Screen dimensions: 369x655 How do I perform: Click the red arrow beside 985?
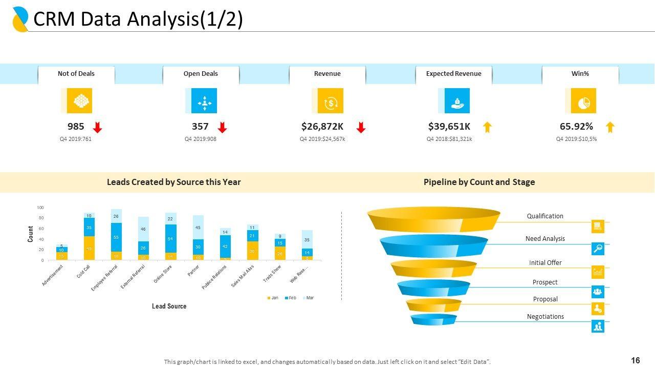coord(98,128)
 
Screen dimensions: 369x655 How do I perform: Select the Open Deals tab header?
coord(201,74)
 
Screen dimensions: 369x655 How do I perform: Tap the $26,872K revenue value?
coord(322,127)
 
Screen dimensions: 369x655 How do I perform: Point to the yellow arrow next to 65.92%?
coord(610,127)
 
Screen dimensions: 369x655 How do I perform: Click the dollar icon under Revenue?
coord(330,101)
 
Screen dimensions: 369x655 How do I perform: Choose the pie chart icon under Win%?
coord(583,101)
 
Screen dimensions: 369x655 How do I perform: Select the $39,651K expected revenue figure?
coord(449,127)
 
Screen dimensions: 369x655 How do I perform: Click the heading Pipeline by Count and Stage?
coord(479,182)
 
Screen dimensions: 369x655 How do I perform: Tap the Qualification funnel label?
coord(545,216)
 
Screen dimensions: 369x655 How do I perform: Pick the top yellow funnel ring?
coord(433,219)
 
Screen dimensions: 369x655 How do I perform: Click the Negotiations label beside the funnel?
coord(545,317)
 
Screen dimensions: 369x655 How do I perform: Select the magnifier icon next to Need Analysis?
coord(598,249)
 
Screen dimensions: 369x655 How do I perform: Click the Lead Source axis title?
coord(169,306)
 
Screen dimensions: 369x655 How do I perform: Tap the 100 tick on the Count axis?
coord(40,208)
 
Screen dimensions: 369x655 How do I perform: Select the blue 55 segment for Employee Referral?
coord(116,237)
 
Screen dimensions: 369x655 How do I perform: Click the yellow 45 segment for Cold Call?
coord(89,249)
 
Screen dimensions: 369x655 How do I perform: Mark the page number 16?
coord(636,361)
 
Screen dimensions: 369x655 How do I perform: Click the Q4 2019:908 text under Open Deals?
coord(201,139)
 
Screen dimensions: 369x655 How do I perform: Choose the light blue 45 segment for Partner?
coord(198,228)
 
